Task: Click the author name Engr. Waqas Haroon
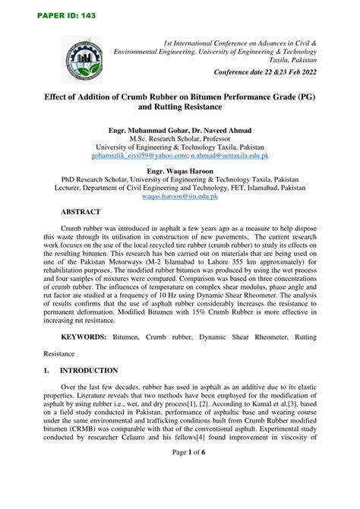click(180, 172)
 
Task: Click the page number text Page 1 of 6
click(179, 494)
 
